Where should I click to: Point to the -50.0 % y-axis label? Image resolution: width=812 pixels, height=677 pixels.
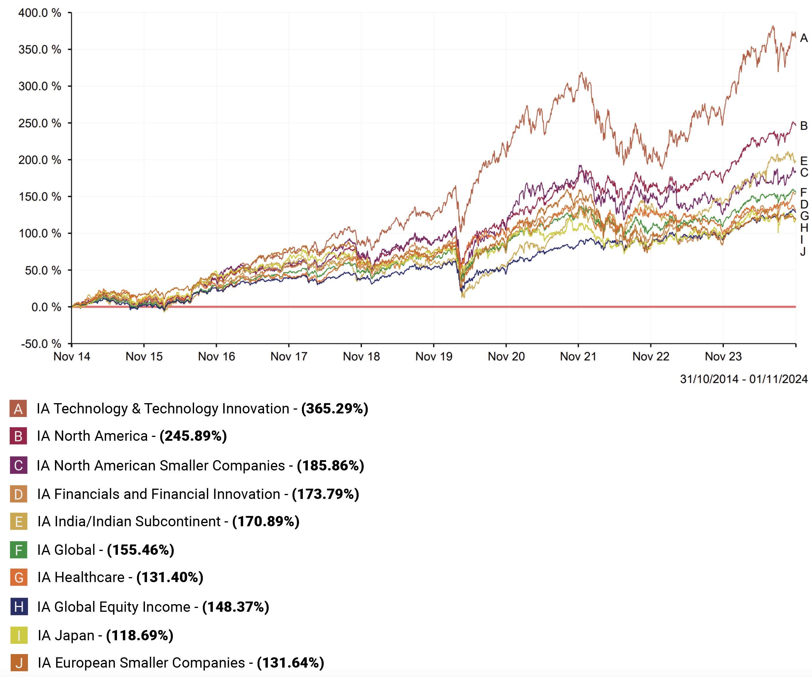point(41,343)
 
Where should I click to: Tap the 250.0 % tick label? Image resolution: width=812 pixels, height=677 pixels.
point(39,123)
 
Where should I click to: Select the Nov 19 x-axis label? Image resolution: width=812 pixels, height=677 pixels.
point(433,356)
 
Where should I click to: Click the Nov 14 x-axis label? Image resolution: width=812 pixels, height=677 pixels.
point(71,356)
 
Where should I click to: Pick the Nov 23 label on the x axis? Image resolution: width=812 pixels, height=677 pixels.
point(723,356)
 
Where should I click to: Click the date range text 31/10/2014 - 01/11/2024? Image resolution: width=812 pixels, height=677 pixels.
point(744,379)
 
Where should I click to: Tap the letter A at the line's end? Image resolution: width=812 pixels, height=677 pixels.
point(804,38)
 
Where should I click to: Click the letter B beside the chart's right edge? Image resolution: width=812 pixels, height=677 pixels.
point(804,126)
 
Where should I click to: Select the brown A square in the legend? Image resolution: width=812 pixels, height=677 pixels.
point(18,409)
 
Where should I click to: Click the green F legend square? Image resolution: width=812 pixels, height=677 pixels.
point(19,550)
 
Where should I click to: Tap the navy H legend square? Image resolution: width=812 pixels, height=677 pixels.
point(19,607)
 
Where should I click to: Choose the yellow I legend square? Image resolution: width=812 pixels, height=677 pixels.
point(19,635)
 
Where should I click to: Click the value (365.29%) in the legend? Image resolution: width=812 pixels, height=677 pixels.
point(335,408)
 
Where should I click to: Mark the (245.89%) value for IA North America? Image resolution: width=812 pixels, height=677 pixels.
point(193,436)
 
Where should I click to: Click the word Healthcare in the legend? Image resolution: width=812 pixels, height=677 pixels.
point(89,577)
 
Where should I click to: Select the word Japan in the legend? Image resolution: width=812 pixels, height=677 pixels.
point(74,635)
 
